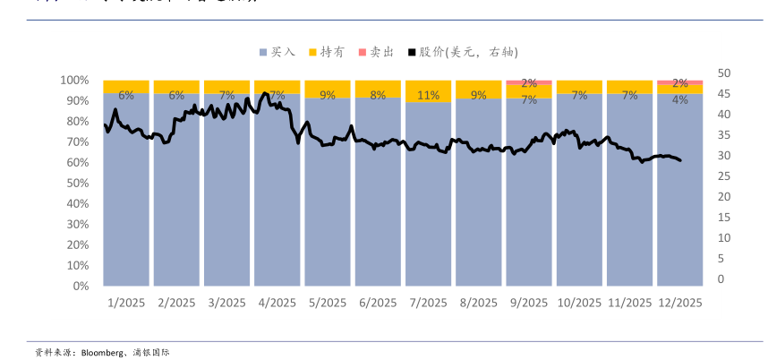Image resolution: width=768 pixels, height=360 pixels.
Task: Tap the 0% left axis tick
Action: [80, 286]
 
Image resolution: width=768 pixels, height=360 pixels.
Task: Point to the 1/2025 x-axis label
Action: [125, 303]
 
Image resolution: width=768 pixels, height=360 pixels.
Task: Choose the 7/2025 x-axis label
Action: [428, 303]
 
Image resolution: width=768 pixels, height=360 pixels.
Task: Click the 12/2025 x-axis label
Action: [679, 303]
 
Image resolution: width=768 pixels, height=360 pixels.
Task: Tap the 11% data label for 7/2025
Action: [428, 95]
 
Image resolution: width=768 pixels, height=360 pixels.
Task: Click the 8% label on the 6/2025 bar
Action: [378, 94]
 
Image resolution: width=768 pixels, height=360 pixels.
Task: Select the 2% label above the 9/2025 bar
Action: [529, 83]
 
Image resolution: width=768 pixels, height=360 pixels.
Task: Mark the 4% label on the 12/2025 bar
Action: [680, 99]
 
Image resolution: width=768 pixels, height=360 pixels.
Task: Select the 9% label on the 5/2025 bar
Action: [328, 94]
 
